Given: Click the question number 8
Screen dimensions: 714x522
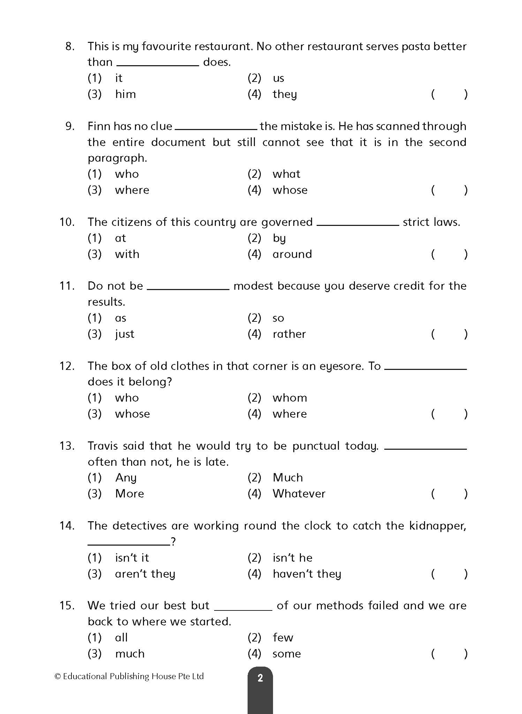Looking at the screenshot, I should (x=70, y=46).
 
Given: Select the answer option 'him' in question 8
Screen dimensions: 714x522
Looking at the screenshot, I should (x=125, y=94).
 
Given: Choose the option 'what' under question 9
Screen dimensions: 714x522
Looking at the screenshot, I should (x=286, y=174).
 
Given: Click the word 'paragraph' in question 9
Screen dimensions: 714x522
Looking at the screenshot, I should (x=117, y=158).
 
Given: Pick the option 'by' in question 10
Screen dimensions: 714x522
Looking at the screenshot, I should (x=279, y=238).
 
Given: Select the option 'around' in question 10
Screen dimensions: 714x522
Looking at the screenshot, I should (x=292, y=254).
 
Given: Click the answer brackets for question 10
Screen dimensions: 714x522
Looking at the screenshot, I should (x=449, y=254).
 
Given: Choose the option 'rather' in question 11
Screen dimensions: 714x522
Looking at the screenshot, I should (x=289, y=334).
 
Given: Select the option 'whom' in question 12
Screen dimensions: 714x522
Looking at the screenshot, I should (x=290, y=398).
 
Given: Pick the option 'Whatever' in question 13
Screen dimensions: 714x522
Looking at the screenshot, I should (x=299, y=494).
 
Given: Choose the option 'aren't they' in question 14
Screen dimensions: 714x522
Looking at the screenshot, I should (x=145, y=574).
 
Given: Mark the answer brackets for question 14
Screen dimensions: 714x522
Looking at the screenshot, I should (x=449, y=574).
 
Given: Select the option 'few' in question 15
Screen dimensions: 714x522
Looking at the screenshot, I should (x=283, y=638).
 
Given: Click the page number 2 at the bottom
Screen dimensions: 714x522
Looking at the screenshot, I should (x=260, y=678).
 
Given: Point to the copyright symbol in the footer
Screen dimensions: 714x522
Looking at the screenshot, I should (x=58, y=676).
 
